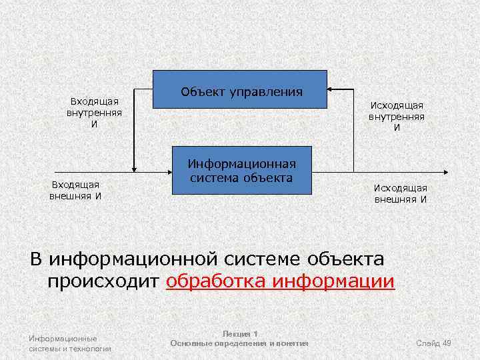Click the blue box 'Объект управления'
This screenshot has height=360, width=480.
240,89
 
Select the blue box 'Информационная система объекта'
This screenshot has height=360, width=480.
241,171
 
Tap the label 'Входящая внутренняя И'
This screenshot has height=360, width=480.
94,113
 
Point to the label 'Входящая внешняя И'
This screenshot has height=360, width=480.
75,190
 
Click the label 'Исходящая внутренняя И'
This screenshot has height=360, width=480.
397,116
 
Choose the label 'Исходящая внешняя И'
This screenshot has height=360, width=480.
400,194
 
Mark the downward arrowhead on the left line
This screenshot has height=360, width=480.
134,167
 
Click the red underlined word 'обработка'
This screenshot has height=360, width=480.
218,281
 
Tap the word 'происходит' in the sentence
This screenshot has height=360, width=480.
104,281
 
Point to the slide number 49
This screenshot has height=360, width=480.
447,343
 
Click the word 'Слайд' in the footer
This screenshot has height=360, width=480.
427,343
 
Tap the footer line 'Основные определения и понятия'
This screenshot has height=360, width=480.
239,343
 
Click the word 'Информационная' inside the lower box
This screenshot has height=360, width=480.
241,164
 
